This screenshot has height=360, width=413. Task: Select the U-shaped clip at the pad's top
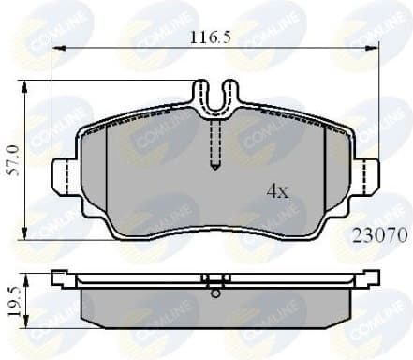[x=214, y=97]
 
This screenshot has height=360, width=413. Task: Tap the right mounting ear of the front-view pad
[x=367, y=174]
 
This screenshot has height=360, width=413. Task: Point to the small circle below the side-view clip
[x=215, y=293]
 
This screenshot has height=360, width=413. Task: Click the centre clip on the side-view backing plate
[x=215, y=279]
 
